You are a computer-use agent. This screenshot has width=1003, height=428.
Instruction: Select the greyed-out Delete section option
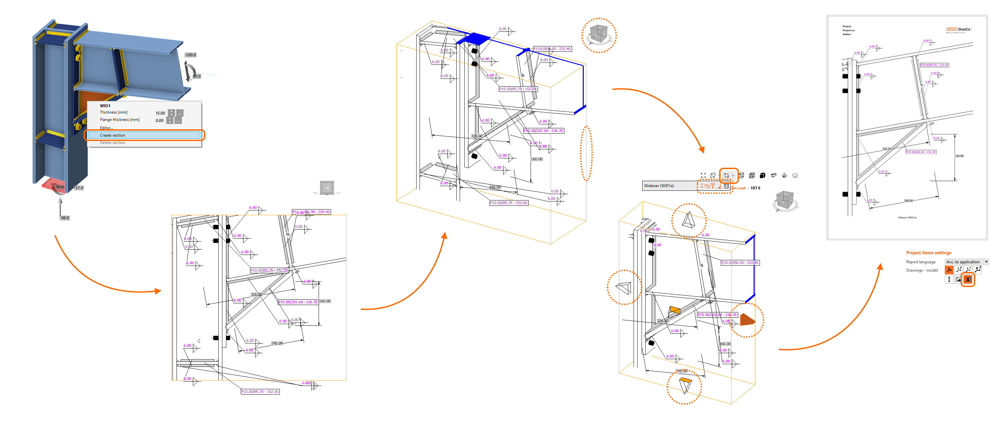click(x=113, y=143)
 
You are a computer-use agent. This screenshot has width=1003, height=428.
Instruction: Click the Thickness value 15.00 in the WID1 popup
click(x=160, y=113)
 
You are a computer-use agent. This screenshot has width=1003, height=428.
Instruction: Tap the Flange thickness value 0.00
click(x=159, y=121)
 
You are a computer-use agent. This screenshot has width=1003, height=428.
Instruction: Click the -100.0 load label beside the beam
click(x=190, y=55)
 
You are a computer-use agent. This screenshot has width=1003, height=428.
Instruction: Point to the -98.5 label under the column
click(x=65, y=218)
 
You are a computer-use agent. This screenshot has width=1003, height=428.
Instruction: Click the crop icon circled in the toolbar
click(x=726, y=175)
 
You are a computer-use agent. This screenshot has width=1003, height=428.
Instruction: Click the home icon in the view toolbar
click(x=795, y=175)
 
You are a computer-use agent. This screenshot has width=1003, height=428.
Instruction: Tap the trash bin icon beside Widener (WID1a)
click(x=727, y=186)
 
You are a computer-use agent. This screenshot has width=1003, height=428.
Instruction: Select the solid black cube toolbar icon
click(x=762, y=175)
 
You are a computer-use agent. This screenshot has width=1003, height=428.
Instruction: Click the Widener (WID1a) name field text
click(x=659, y=185)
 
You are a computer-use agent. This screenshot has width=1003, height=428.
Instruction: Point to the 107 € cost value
click(x=755, y=188)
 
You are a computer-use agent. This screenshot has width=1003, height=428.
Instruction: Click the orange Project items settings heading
click(x=928, y=253)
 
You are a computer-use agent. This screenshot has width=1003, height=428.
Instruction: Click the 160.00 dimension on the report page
click(x=959, y=156)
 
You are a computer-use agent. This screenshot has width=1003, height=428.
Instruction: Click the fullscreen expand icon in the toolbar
click(x=703, y=175)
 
